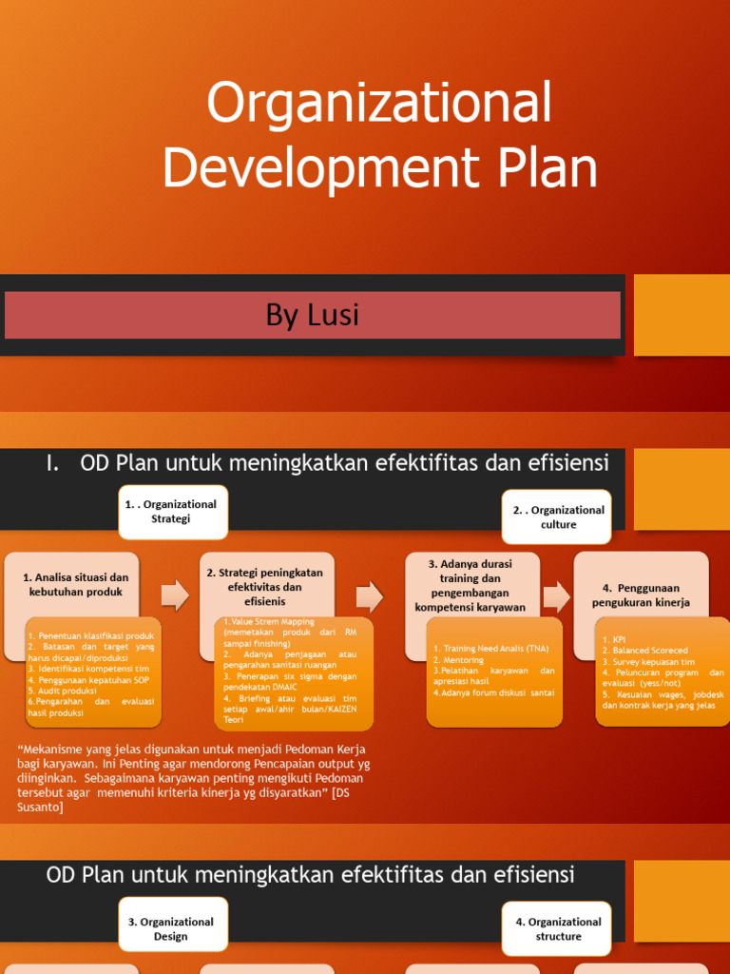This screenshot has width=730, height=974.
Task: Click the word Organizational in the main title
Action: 379,103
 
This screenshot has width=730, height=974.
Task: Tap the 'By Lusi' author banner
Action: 313,315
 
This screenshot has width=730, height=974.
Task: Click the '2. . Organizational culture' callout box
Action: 558,517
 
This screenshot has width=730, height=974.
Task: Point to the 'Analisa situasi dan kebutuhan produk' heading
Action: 75,584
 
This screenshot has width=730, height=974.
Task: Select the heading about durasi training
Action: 470,585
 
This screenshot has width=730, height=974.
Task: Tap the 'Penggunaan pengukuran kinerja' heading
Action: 641,595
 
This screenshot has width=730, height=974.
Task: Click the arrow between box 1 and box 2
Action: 175,596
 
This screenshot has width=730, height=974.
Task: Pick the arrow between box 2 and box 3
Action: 370,596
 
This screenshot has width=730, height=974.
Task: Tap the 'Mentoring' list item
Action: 459,660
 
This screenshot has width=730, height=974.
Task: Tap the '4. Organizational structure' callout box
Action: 558,929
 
